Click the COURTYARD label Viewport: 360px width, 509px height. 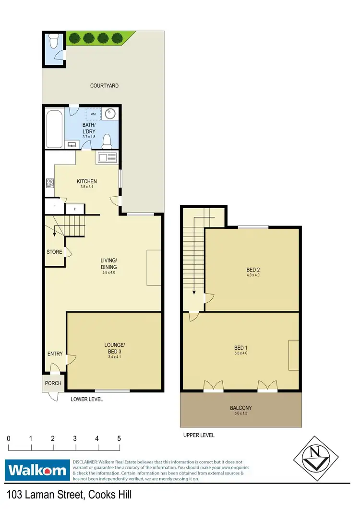104,86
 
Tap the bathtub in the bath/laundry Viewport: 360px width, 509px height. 54,129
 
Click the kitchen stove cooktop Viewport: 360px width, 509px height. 49,182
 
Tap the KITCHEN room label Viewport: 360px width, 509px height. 87,181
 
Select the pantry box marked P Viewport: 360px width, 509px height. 55,206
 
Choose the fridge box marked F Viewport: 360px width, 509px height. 74,209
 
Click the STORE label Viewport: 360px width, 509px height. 54,251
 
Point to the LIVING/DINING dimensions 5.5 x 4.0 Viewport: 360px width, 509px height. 109,272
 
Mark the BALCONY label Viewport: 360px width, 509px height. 241,408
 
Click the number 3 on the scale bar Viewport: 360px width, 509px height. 75,438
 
